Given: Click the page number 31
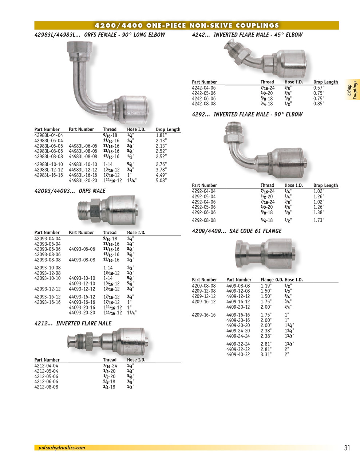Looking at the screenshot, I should [347, 448].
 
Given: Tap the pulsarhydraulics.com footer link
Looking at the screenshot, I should [62, 448].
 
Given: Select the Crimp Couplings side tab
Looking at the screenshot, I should [352, 90].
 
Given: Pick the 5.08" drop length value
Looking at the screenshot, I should [161, 180].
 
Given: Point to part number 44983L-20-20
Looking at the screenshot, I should [83, 180].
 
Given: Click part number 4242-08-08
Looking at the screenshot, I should [203, 104].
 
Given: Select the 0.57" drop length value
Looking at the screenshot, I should [319, 88].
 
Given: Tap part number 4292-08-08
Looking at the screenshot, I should [203, 220].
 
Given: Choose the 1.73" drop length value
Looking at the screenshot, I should [319, 220].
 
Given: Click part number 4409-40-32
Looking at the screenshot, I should [238, 354].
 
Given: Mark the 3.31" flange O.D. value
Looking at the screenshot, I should [266, 354].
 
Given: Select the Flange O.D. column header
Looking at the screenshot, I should [272, 280].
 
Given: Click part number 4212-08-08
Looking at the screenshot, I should [46, 387].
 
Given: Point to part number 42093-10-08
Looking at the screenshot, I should [48, 268].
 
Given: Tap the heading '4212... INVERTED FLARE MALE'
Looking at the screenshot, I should [73, 323].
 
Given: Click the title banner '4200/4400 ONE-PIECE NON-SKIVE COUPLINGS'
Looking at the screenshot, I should [186, 25].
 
